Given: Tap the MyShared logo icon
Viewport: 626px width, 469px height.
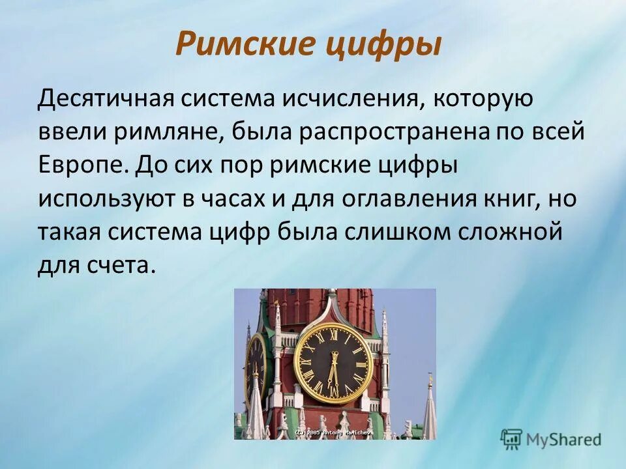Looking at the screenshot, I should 512,438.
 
